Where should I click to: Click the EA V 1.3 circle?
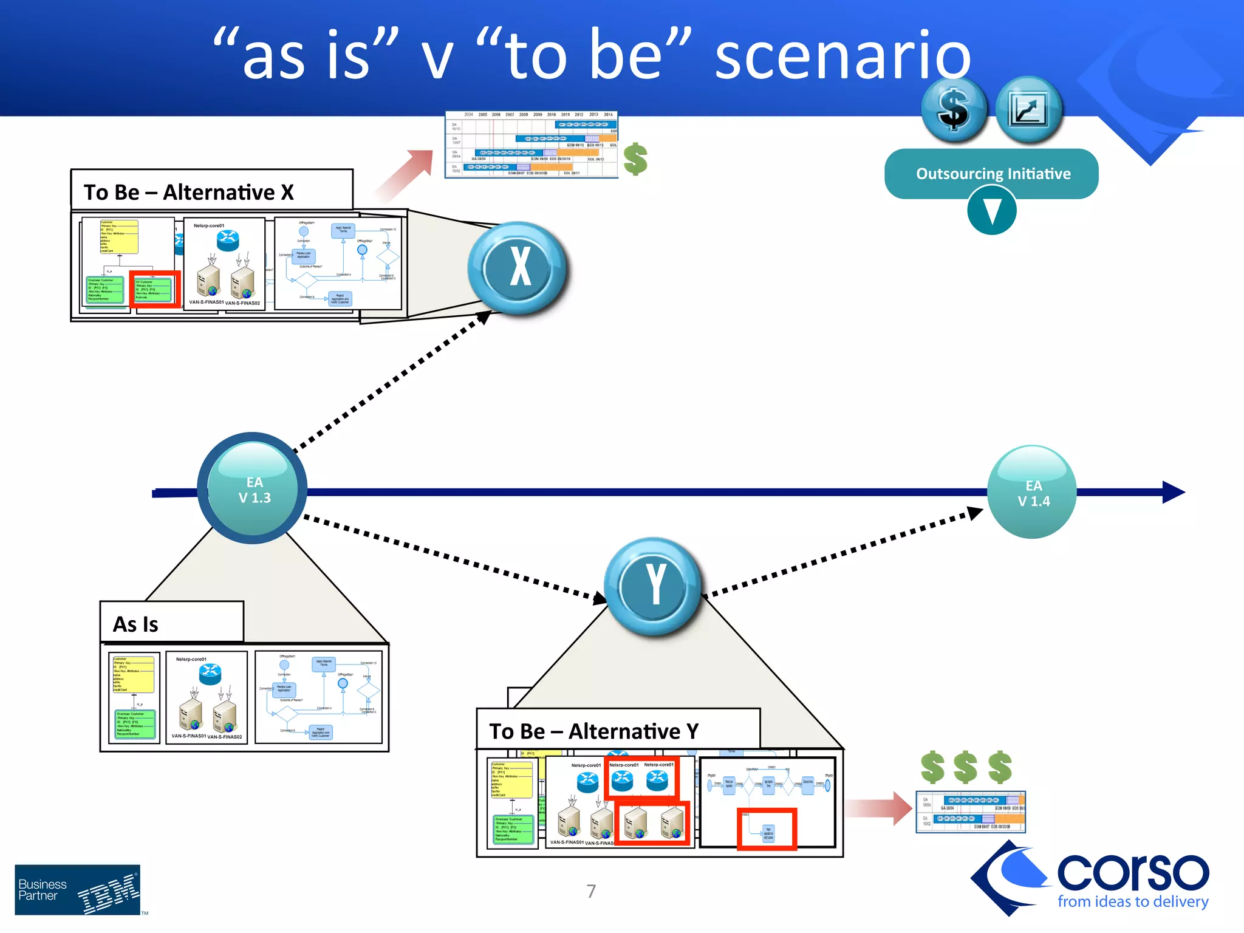253,488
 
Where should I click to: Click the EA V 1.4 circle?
1032,492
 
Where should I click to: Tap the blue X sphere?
518,267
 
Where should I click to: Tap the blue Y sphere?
654,585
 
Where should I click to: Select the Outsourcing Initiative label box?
991,174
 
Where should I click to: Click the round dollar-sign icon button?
954,110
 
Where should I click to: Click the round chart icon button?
1029,110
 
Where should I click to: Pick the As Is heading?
135,624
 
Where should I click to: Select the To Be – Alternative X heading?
189,192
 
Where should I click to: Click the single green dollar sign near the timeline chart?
635,159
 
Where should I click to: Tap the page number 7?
591,891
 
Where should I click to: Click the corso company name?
1132,872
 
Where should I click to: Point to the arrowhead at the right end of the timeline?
1174,492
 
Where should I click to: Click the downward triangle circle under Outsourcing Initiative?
991,211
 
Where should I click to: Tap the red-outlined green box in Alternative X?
155,289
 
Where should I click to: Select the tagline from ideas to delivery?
1132,901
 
